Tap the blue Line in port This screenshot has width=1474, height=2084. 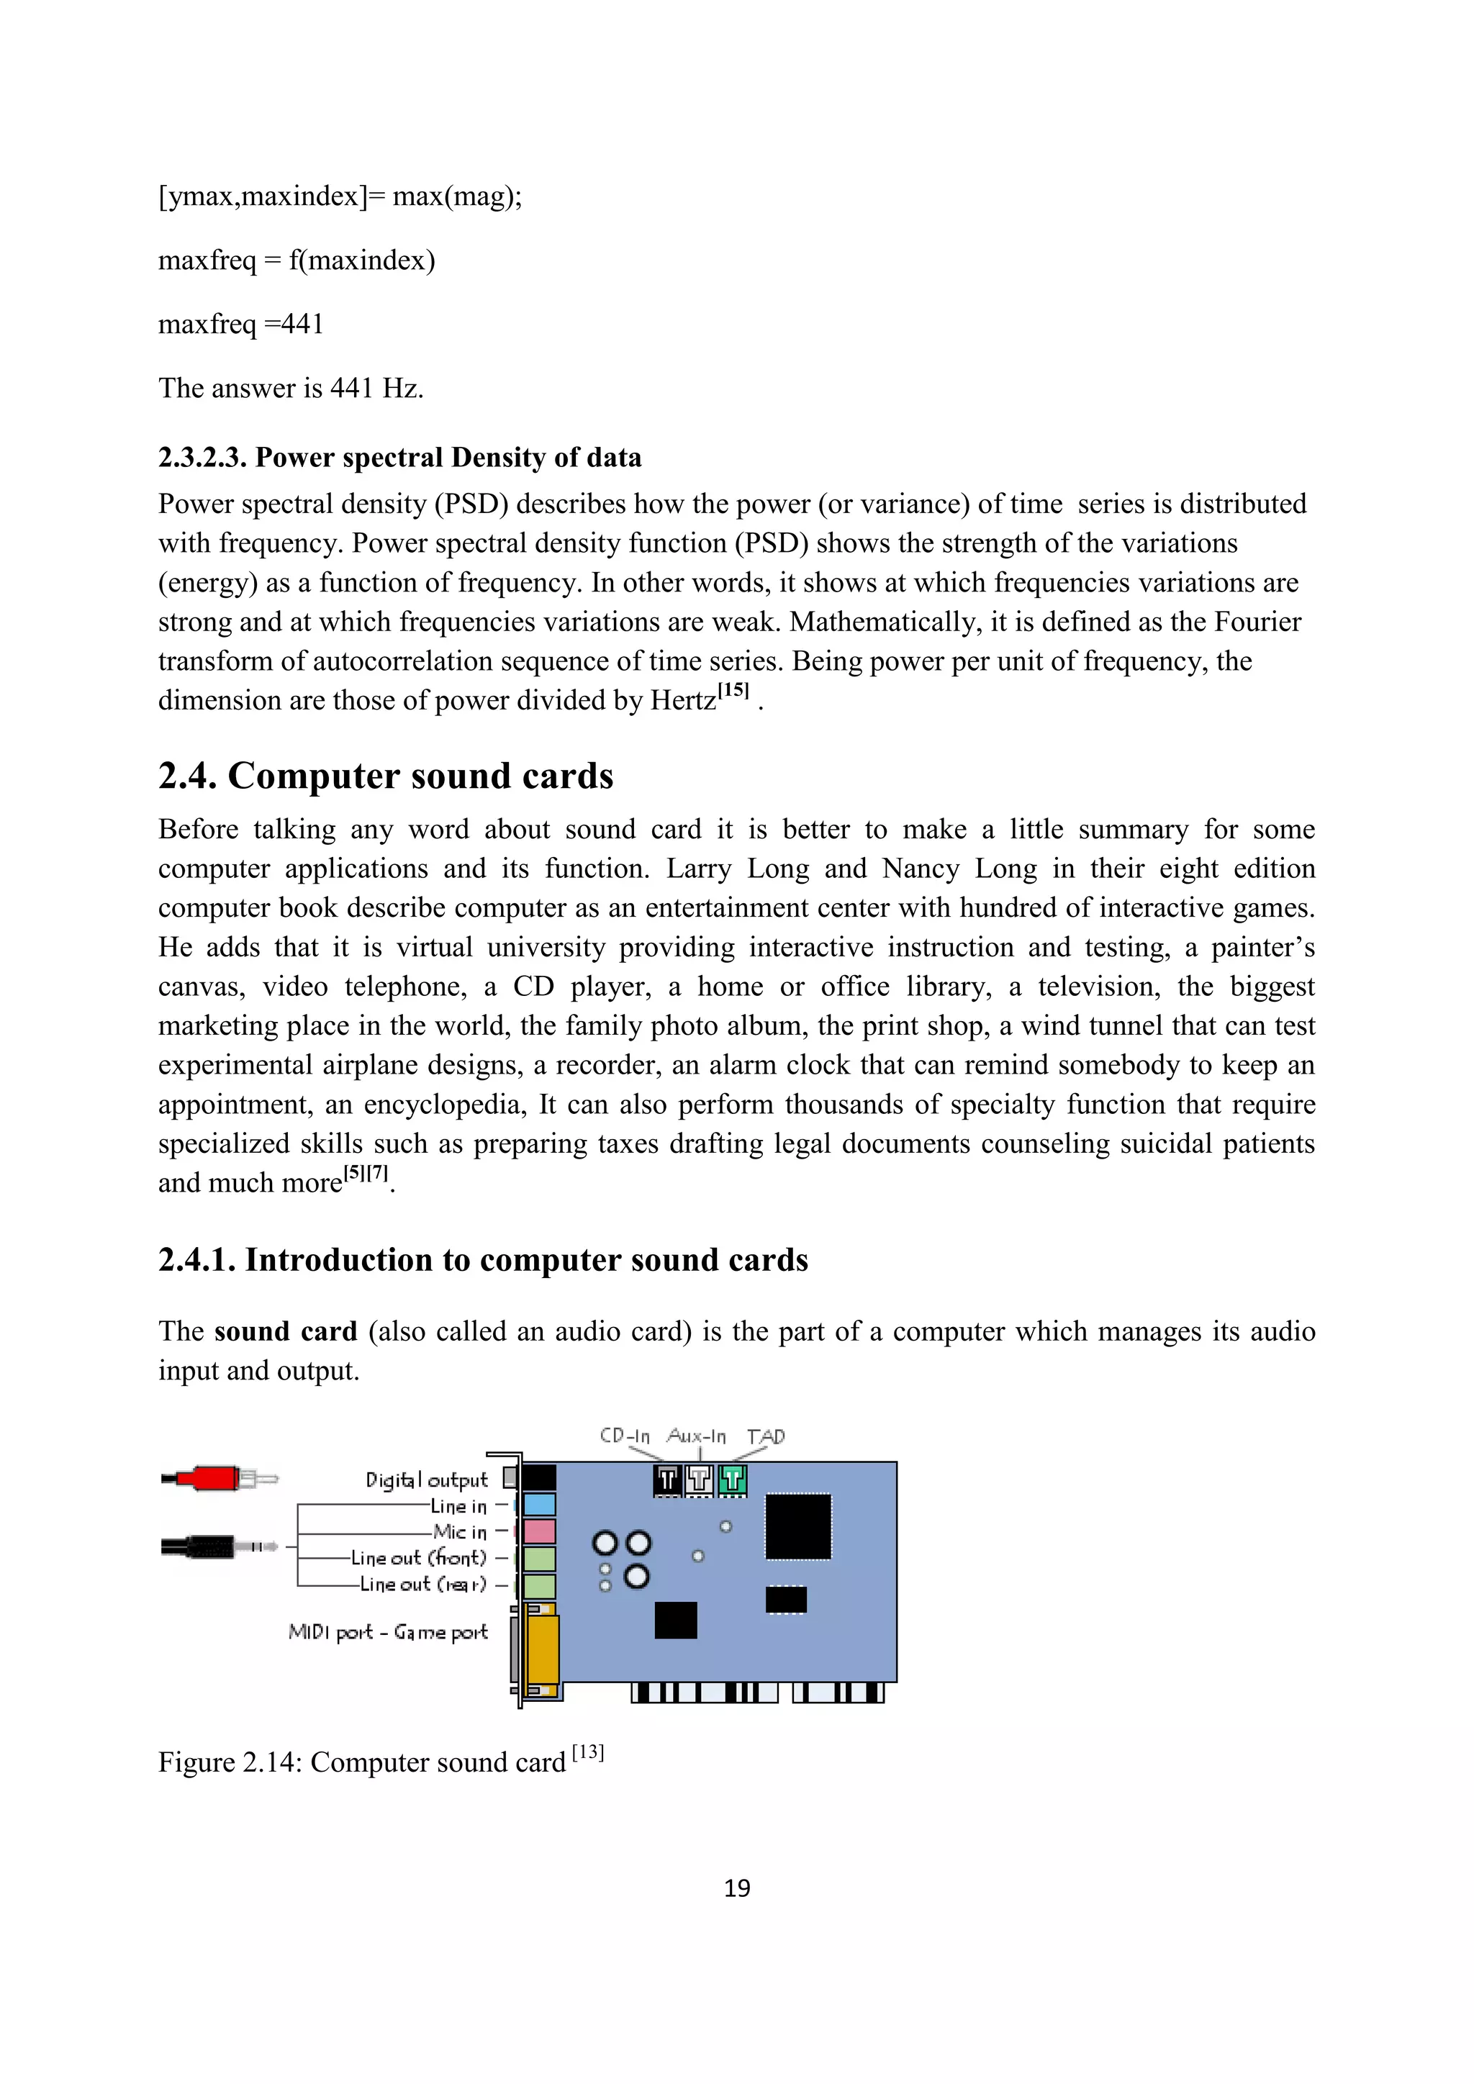click(x=539, y=1505)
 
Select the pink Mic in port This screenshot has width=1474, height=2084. click(x=539, y=1531)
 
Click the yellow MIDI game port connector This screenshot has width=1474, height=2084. click(x=543, y=1649)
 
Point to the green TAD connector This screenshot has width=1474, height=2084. click(x=733, y=1480)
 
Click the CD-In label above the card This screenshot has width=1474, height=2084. click(x=625, y=1436)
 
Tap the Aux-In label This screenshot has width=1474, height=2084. click(x=696, y=1436)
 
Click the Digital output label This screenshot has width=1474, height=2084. click(x=427, y=1480)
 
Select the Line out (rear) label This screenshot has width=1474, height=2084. click(x=423, y=1584)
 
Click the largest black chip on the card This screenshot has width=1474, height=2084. click(x=797, y=1527)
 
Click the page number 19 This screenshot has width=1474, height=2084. click(x=737, y=1888)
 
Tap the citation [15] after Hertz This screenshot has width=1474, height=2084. click(x=733, y=691)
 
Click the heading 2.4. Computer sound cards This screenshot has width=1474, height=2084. click(x=386, y=776)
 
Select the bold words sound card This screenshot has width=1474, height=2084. click(x=286, y=1331)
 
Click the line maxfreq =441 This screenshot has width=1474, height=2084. click(x=240, y=324)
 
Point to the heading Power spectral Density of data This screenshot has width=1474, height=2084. click(x=448, y=458)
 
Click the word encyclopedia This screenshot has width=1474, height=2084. click(x=444, y=1105)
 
